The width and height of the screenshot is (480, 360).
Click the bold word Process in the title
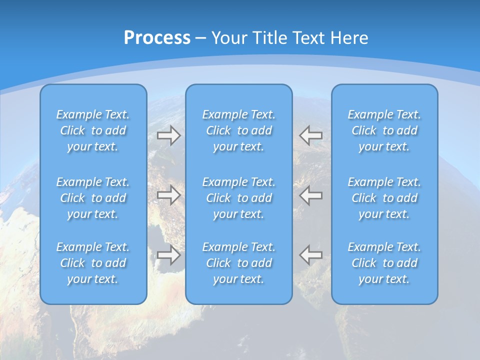point(157,38)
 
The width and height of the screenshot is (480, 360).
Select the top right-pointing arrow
point(168,135)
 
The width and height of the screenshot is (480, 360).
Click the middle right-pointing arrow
point(168,195)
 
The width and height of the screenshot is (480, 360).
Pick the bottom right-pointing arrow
point(168,255)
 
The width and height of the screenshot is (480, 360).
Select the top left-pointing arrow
point(311,135)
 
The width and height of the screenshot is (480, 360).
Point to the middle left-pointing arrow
point(311,195)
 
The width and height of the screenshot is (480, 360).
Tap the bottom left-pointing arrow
point(311,255)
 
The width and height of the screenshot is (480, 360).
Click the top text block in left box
point(93,130)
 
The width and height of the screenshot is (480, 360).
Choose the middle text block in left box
point(93,198)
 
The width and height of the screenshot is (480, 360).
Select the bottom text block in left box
point(93,263)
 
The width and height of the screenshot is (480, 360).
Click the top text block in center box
point(238,130)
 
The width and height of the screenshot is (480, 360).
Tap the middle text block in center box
point(238,198)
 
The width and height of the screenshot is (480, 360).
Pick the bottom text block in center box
point(238,263)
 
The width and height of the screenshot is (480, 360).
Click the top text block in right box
point(384,130)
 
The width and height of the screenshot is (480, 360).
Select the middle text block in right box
point(384,198)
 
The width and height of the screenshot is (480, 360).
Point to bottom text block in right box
point(384,263)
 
